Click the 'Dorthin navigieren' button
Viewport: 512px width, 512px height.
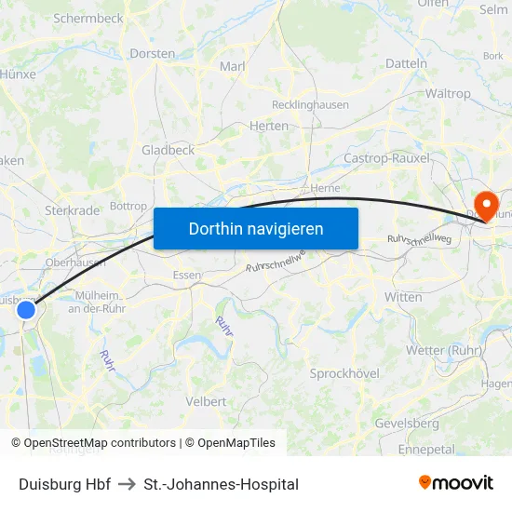coord(256,228)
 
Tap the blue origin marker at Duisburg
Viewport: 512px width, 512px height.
coord(26,310)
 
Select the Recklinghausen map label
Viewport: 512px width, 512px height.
coord(310,105)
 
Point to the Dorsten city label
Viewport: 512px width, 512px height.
coord(153,54)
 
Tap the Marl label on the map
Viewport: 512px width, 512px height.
coord(232,66)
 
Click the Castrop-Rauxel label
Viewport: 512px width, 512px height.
coord(386,158)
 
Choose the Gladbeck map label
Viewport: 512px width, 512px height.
coord(168,150)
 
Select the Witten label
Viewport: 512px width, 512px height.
coord(403,297)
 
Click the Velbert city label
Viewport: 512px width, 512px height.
coord(206,401)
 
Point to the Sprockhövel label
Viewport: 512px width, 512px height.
coord(344,373)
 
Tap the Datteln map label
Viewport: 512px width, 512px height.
coord(406,64)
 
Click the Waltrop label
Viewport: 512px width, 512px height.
coord(447,94)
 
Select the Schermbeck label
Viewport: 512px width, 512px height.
coord(88,18)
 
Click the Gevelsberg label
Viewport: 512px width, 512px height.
coord(407,423)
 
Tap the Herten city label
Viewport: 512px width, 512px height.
coord(270,126)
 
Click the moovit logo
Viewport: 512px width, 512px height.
coord(456,482)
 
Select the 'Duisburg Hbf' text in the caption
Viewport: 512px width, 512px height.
coord(64,484)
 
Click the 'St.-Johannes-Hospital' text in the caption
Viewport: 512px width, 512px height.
coord(222,484)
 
